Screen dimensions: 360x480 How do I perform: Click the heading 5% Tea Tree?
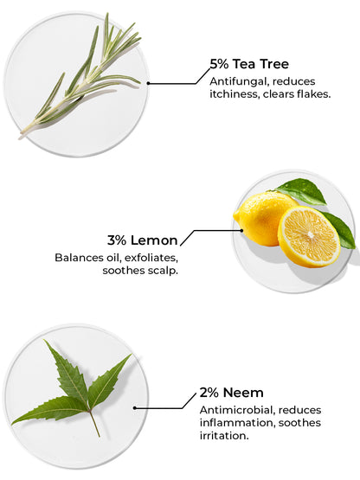tap(249, 64)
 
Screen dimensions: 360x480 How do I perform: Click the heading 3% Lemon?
tap(143, 240)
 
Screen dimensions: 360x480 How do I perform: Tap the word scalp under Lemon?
tap(163, 271)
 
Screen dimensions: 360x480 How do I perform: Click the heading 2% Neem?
tap(232, 393)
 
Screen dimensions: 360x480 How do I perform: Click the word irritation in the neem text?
tap(224, 436)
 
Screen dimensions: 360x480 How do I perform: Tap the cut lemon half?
tap(309, 237)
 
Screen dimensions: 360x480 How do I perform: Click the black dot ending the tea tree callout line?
tap(148, 83)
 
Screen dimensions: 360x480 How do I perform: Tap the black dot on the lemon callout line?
tap(241, 231)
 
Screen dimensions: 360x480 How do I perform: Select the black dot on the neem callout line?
tap(134, 407)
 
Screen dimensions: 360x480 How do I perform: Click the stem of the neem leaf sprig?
tap(94, 425)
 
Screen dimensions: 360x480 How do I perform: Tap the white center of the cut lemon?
tap(311, 234)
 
